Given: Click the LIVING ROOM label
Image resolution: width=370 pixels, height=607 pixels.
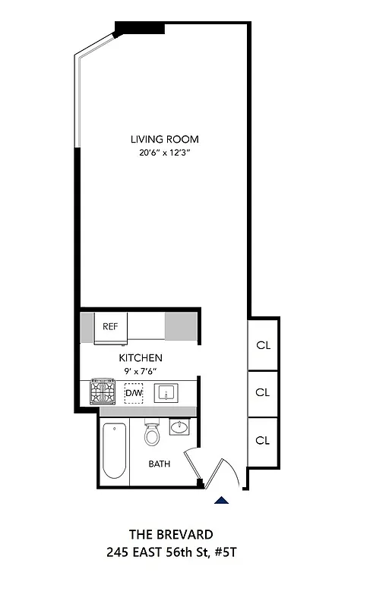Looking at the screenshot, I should point(164,139).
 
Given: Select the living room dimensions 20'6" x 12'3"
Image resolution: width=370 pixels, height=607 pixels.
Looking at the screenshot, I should point(164,153).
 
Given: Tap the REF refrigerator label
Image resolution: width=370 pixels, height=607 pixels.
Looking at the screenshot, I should point(111,326).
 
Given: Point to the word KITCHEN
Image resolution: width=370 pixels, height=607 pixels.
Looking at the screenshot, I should point(141,357).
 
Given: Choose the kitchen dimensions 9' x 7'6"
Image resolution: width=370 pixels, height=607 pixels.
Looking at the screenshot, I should point(141,371).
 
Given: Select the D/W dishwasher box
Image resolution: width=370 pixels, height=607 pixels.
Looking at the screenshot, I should point(134,393).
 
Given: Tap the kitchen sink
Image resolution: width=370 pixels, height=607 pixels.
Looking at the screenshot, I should point(167,393).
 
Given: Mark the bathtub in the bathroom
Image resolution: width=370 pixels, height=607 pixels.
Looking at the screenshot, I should point(115,451).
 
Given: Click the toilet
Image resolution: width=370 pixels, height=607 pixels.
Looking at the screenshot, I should point(152,435).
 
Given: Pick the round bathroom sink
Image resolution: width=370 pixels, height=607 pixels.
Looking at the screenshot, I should point(179,428).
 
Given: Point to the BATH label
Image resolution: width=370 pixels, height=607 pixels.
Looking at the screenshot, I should point(160,464).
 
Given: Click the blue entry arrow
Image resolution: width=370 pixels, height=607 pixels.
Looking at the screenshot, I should point(222,499).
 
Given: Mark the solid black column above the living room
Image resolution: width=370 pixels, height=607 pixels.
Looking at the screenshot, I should point(140,28).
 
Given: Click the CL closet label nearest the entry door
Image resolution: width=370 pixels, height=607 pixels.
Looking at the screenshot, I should point(263,440).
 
